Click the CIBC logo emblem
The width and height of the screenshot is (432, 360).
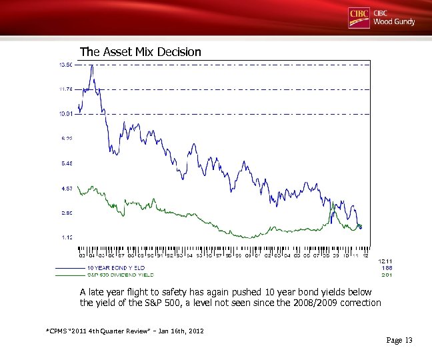pos(359,18)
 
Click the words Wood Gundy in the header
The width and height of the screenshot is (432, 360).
pos(394,22)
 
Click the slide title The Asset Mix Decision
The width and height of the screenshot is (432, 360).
pos(140,51)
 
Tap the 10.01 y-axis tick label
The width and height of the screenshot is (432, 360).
pos(66,114)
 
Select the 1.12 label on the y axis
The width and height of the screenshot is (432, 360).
pos(67,237)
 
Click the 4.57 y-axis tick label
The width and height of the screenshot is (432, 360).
pos(67,188)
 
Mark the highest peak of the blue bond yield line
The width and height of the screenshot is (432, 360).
pos(91,66)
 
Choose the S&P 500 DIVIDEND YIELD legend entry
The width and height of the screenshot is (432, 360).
pos(121,274)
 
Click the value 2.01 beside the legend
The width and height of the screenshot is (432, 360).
pos(386,274)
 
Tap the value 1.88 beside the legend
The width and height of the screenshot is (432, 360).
pos(386,267)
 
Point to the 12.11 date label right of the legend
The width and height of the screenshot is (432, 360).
pos(385,261)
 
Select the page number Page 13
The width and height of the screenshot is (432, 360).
pos(399,341)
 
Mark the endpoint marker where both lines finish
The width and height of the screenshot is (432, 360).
pos(361,227)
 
